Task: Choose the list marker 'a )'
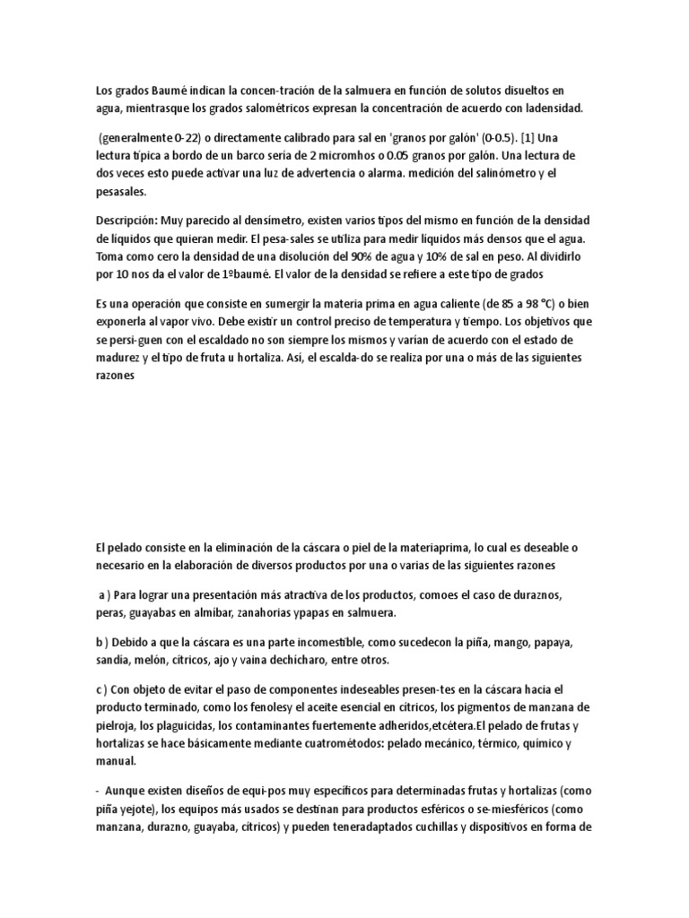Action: click(107, 596)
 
